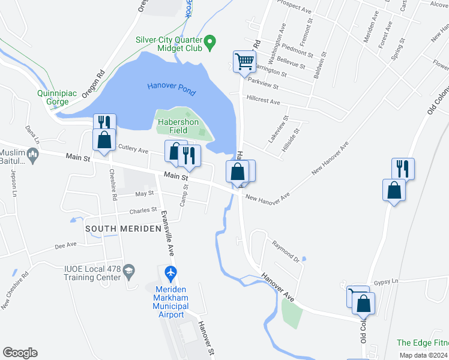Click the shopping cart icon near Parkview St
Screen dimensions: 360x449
(244, 61)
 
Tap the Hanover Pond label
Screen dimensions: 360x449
(171, 86)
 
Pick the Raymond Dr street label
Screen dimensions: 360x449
(285, 251)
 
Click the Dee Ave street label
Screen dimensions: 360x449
(65, 245)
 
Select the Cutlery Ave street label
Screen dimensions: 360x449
(133, 148)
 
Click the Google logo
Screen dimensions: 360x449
(20, 353)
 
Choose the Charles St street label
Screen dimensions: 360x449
(143, 210)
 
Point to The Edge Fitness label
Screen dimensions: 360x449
(422, 343)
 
